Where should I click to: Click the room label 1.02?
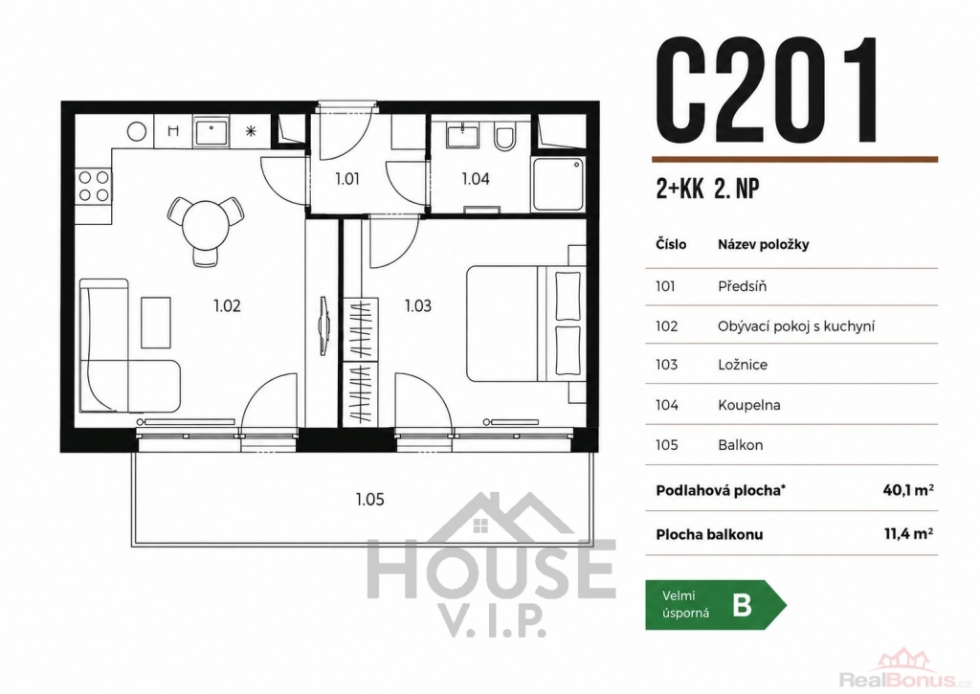pyautogui.click(x=227, y=305)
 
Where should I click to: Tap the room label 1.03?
pyautogui.click(x=418, y=305)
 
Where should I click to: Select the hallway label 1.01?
pyautogui.click(x=347, y=179)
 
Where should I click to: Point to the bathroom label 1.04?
pyautogui.click(x=476, y=179)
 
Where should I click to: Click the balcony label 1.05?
pyautogui.click(x=370, y=500)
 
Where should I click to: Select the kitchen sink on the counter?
pyautogui.click(x=212, y=132)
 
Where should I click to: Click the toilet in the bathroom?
pyautogui.click(x=503, y=137)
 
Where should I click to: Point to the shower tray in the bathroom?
pyautogui.click(x=558, y=184)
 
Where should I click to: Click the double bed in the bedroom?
pyautogui.click(x=526, y=324)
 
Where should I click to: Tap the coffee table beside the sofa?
pyautogui.click(x=156, y=322)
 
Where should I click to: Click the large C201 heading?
pyautogui.click(x=767, y=90)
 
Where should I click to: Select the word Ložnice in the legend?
pyautogui.click(x=743, y=365)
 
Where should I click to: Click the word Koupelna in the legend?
pyautogui.click(x=748, y=405)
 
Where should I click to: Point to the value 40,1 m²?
pyautogui.click(x=908, y=489)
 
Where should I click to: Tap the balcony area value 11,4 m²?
pyautogui.click(x=909, y=534)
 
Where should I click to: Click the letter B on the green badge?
pyautogui.click(x=742, y=605)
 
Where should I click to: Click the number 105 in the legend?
pyautogui.click(x=667, y=445)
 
